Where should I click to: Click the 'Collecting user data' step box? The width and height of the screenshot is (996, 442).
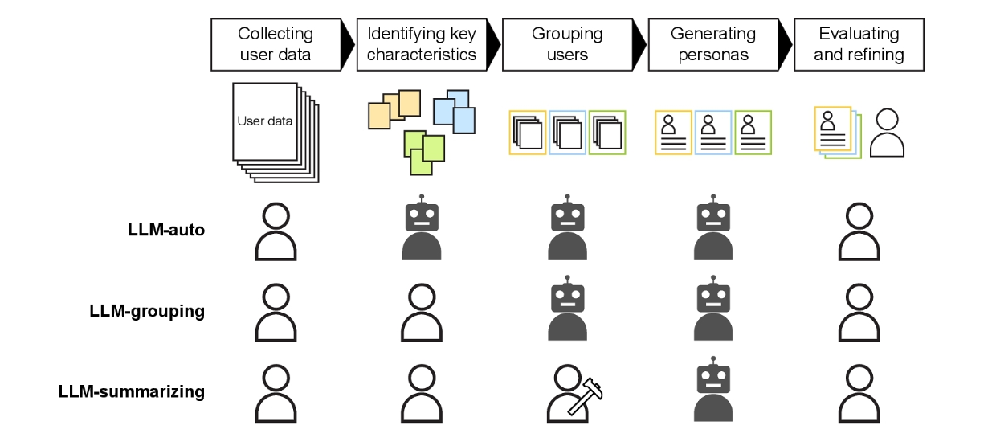pyautogui.click(x=276, y=44)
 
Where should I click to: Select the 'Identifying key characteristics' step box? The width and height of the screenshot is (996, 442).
pyautogui.click(x=422, y=44)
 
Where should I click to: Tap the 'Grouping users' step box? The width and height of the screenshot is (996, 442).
pyautogui.click(x=567, y=44)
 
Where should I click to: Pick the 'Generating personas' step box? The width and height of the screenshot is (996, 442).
pyautogui.click(x=713, y=44)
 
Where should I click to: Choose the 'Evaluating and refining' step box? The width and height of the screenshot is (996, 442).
pyautogui.click(x=859, y=44)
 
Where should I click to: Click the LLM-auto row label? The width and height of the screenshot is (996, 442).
pyautogui.click(x=166, y=230)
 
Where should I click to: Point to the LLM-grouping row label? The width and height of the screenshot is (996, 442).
pyautogui.click(x=147, y=311)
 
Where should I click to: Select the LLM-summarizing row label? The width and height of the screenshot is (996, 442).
pyautogui.click(x=132, y=391)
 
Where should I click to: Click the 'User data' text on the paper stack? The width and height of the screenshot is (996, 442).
pyautogui.click(x=264, y=121)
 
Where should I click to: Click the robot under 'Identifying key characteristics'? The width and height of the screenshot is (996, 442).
pyautogui.click(x=422, y=227)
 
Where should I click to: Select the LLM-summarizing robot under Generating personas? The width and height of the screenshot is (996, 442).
pyautogui.click(x=713, y=389)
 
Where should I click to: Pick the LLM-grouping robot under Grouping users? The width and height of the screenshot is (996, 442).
pyautogui.click(x=567, y=308)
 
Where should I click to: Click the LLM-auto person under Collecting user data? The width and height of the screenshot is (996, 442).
pyautogui.click(x=276, y=231)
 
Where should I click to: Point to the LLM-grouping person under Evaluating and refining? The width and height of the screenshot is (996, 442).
pyautogui.click(x=859, y=312)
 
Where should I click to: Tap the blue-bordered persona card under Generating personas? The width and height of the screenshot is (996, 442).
pyautogui.click(x=713, y=133)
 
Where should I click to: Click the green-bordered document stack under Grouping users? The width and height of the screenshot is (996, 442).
pyautogui.click(x=607, y=133)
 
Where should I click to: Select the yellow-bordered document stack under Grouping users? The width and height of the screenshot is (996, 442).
pyautogui.click(x=528, y=133)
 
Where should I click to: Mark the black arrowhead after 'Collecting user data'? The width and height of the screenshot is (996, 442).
pyautogui.click(x=348, y=44)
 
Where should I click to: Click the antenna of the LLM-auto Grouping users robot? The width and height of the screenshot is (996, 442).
pyautogui.click(x=567, y=198)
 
